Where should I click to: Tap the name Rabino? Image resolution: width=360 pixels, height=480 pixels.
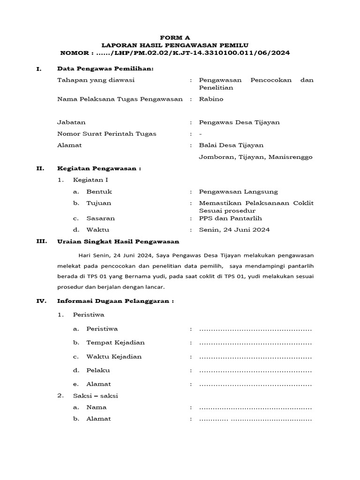(x=211, y=99)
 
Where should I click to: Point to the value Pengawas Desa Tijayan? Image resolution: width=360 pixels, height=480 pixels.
(x=239, y=122)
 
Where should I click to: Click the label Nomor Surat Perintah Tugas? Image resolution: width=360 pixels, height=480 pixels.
(x=106, y=134)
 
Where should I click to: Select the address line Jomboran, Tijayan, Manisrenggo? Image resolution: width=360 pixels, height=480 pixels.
(x=255, y=157)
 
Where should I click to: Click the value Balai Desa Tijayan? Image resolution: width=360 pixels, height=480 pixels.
(x=231, y=145)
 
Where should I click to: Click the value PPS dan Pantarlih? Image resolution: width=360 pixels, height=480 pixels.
(x=230, y=218)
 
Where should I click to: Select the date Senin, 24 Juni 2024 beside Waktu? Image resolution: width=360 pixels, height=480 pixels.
(x=234, y=230)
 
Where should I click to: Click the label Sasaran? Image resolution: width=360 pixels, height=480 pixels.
(x=100, y=218)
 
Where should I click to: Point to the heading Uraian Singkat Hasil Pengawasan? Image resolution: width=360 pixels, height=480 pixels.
(x=118, y=241)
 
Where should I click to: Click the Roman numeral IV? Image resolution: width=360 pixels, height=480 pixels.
(x=41, y=301)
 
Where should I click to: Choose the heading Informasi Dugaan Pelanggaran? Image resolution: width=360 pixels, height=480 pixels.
(x=115, y=301)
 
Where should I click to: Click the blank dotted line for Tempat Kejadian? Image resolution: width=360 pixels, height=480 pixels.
(x=255, y=343)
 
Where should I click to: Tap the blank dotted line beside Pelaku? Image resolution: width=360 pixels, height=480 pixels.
(x=255, y=371)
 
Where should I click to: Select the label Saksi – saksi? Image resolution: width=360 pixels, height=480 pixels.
(x=95, y=396)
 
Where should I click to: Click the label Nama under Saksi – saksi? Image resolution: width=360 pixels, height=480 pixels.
(x=96, y=407)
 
